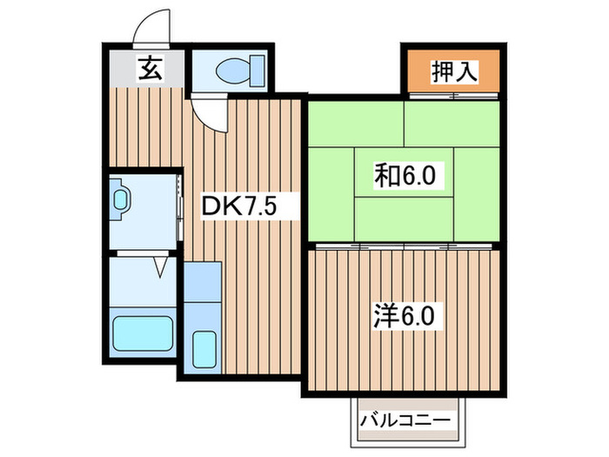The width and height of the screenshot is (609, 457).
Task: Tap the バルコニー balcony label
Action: tap(405, 421)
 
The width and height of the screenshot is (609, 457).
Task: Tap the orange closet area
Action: tap(451, 70)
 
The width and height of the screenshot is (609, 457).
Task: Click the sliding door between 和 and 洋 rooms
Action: tap(404, 247)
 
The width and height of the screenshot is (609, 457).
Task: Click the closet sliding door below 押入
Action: tap(452, 94)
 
